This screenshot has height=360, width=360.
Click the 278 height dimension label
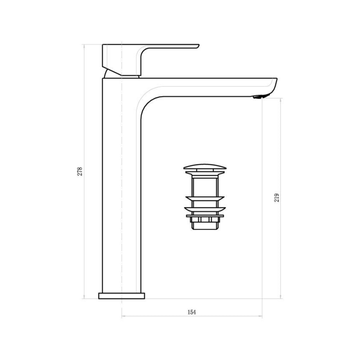[x=80, y=172]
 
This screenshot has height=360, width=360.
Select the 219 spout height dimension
[x=277, y=198]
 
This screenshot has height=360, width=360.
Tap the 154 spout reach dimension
[x=192, y=312]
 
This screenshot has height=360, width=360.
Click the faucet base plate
[x=122, y=296]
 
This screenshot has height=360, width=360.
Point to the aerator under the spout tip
[x=260, y=97]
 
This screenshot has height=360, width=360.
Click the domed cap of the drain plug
[x=205, y=167]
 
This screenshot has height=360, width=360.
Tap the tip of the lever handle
[x=198, y=46]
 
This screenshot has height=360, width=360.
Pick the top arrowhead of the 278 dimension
[x=84, y=46]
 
